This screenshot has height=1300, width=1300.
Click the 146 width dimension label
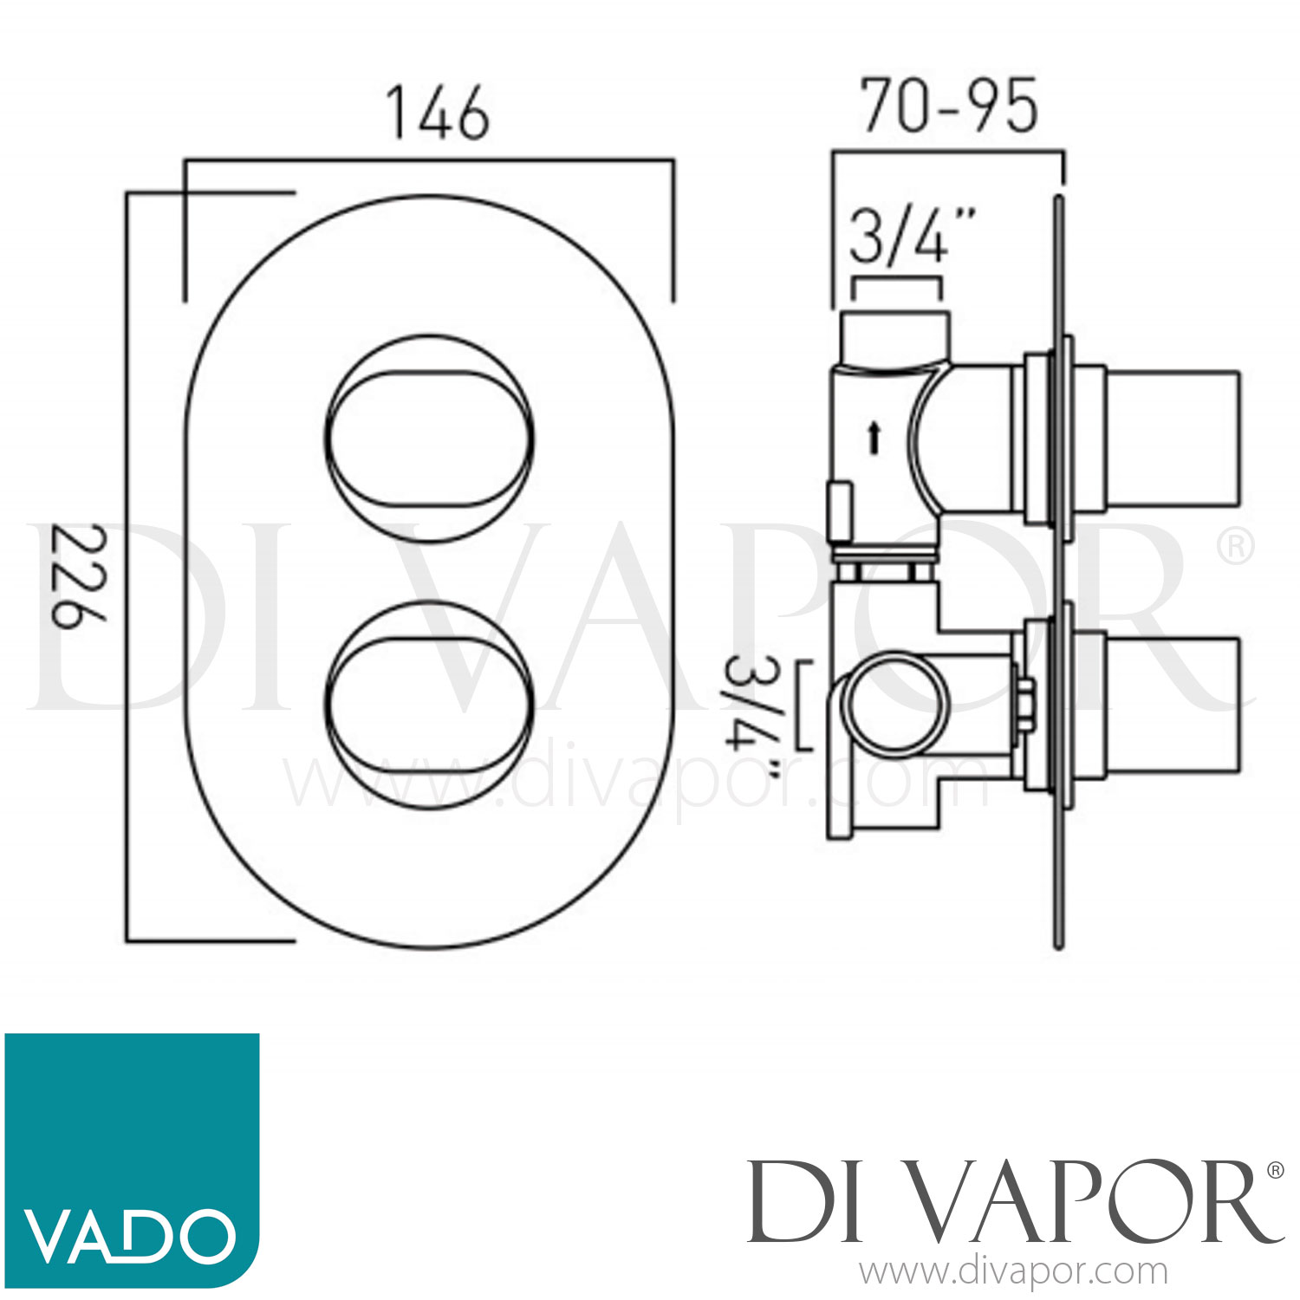point(439,114)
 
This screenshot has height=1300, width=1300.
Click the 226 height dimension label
point(79,575)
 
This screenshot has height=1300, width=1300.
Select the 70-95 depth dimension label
point(949,107)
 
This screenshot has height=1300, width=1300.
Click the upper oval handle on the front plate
point(430,440)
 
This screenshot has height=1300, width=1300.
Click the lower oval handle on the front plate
point(430,705)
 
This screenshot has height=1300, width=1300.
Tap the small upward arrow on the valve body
point(874,437)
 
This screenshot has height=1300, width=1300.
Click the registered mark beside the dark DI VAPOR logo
point(1275,1170)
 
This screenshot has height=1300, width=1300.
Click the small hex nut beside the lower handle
point(1025,704)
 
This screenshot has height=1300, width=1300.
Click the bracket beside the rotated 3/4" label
point(803,705)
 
